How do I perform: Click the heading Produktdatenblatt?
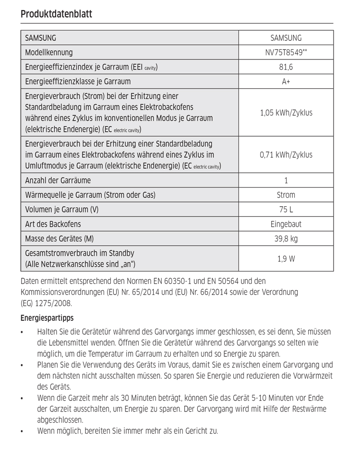(56, 14)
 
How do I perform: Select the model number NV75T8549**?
(286, 52)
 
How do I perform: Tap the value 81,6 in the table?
(286, 67)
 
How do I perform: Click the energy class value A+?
(286, 82)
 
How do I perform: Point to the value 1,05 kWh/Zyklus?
(286, 113)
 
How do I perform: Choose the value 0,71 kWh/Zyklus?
(286, 154)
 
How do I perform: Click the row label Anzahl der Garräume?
(58, 180)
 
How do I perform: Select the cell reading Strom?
(286, 195)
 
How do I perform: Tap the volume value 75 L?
(286, 210)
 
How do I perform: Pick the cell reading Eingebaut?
(286, 224)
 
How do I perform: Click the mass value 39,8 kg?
(286, 238)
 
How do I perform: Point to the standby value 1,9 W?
(286, 259)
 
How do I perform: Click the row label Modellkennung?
(49, 52)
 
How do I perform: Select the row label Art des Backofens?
(53, 224)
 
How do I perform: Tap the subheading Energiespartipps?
(47, 318)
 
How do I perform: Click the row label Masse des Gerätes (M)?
(59, 238)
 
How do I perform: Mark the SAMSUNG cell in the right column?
(286, 37)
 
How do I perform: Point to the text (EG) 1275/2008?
(46, 303)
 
